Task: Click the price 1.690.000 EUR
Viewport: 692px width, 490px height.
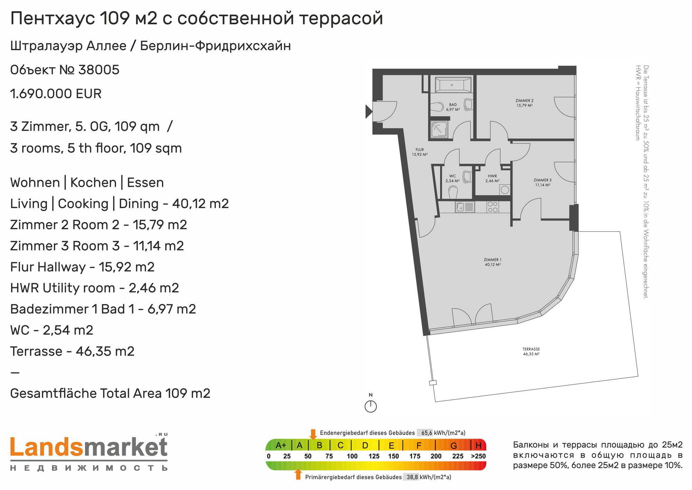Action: tap(56, 94)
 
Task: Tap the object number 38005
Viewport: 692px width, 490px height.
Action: tap(99, 70)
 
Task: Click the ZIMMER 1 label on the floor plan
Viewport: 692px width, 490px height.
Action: tap(493, 260)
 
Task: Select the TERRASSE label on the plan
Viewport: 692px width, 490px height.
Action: tap(531, 349)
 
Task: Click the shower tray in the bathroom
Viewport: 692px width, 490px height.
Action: tap(439, 129)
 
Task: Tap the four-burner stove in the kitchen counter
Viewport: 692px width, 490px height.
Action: tap(493, 207)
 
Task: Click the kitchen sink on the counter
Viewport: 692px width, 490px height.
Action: tap(465, 207)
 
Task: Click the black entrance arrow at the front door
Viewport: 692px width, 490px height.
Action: tap(369, 112)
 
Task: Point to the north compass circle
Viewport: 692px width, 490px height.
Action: tap(371, 407)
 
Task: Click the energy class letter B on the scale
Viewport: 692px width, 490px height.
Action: tap(319, 445)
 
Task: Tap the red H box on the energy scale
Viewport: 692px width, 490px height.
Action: tap(479, 445)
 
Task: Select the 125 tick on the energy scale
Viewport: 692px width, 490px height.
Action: tap(374, 456)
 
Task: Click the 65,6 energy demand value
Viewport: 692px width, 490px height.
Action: tap(427, 433)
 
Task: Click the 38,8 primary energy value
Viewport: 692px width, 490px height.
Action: tap(412, 477)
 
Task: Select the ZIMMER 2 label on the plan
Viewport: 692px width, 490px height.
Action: tap(524, 101)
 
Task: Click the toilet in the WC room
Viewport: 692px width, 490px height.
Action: tap(453, 192)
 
